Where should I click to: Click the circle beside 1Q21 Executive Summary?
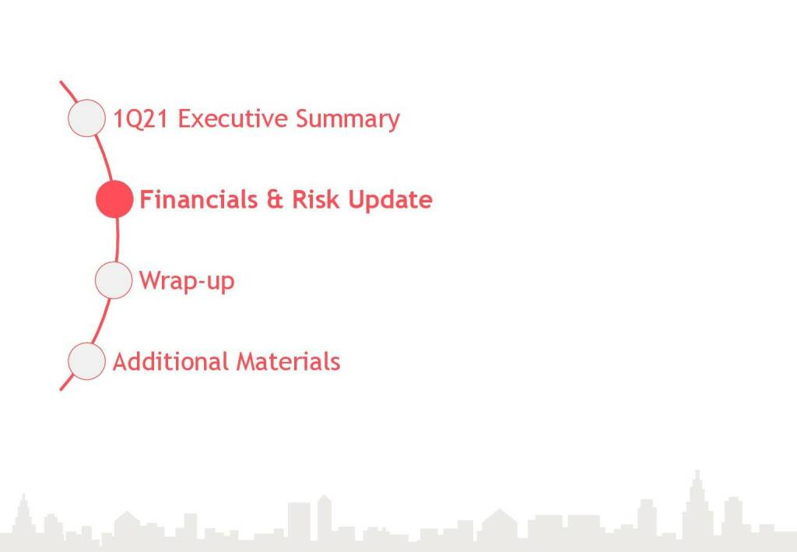86,118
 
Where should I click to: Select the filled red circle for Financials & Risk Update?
114,199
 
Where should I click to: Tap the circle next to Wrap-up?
114,280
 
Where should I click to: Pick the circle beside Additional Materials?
86,361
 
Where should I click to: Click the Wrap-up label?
187,280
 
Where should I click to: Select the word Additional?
171,361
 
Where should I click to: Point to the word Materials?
288,361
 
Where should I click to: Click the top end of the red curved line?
61,82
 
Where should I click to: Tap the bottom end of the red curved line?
61,389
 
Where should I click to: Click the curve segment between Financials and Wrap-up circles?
117,239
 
